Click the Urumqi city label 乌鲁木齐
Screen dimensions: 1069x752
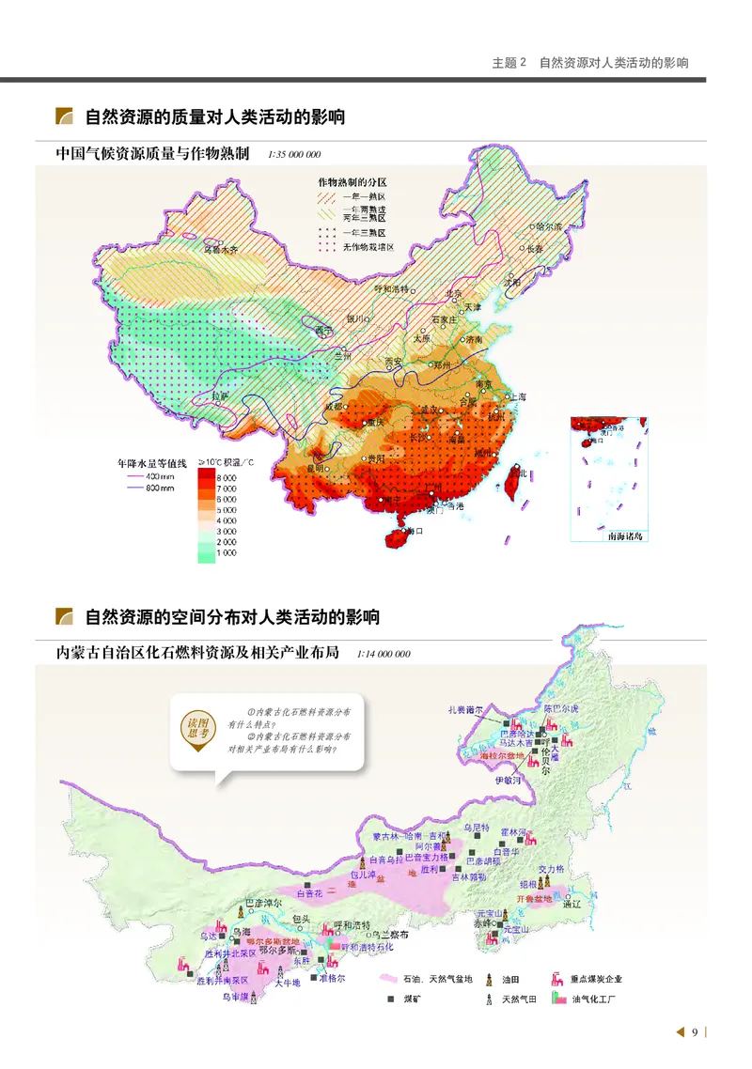coord(223,250)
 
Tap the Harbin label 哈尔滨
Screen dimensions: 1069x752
coord(546,226)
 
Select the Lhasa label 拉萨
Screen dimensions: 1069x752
coord(220,397)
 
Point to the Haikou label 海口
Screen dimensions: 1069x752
coord(413,531)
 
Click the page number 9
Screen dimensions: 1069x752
coord(695,1032)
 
